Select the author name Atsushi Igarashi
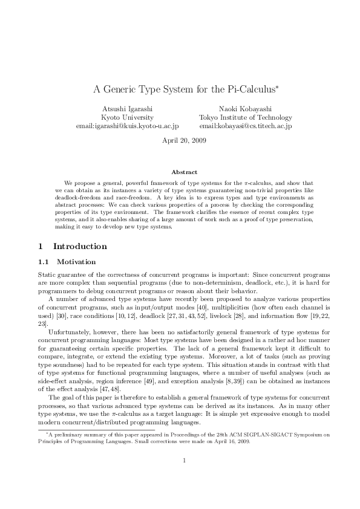pyautogui.click(x=127, y=108)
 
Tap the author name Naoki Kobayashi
pyautogui.click(x=245, y=108)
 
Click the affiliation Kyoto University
pyautogui.click(x=127, y=117)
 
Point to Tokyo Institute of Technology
pyautogui.click(x=245, y=117)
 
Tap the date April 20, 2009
pyautogui.click(x=185, y=141)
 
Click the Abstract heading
pyautogui.click(x=185, y=172)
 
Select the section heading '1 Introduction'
pyautogui.click(x=64, y=247)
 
